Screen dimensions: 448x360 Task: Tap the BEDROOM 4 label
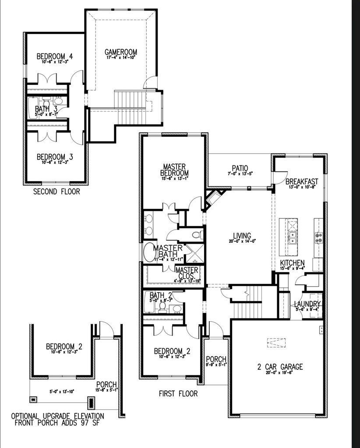(x=54, y=56)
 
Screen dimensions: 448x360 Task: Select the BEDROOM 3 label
(x=54, y=157)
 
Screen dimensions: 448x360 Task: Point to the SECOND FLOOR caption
(x=57, y=192)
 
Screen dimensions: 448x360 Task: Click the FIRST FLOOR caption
(x=178, y=394)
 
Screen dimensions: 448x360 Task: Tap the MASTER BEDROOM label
(x=175, y=169)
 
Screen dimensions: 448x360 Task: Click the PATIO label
(x=240, y=168)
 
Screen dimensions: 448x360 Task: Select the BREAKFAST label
(x=301, y=181)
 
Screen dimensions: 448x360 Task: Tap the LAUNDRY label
(x=307, y=304)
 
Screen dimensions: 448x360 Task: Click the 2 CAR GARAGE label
(x=280, y=367)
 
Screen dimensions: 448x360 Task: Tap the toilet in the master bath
(x=198, y=234)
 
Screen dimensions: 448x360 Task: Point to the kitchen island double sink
(x=292, y=238)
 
